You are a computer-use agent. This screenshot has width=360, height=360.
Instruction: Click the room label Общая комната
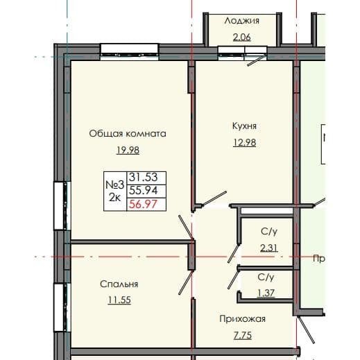(128, 133)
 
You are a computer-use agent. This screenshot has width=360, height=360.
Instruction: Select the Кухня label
(245, 126)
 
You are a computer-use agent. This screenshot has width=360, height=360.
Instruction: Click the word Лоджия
(241, 21)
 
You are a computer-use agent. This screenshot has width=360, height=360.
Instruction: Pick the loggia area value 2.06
(241, 37)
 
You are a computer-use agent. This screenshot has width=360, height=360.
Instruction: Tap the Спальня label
(119, 284)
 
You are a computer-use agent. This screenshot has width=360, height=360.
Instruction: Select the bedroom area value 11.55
(119, 300)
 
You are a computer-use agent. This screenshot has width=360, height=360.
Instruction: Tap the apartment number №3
(114, 184)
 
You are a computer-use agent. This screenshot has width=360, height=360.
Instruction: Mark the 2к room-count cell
(114, 198)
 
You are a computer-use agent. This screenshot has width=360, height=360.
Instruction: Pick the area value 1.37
(266, 293)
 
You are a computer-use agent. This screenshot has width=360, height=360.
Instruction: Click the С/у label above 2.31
(270, 231)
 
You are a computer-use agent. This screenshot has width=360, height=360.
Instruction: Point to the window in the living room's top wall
(128, 50)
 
